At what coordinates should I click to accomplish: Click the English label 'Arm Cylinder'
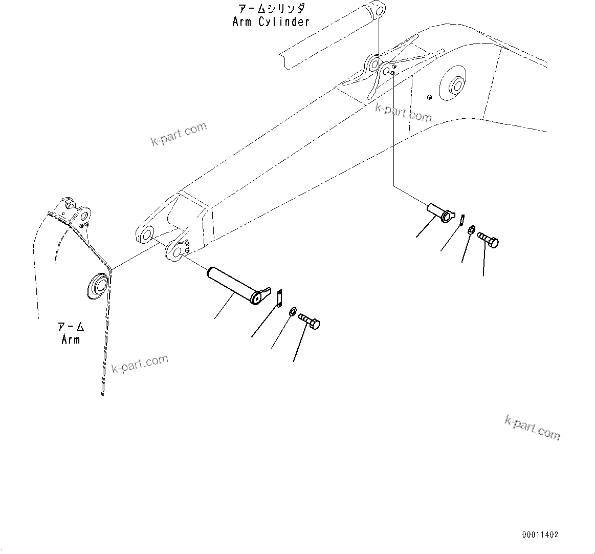(271, 22)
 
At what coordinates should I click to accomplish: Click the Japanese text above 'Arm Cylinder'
(271, 9)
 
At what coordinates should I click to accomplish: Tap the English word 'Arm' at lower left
(71, 339)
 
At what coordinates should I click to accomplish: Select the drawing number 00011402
(540, 535)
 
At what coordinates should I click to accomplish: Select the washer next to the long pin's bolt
(293, 311)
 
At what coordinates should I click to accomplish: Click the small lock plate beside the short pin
(461, 219)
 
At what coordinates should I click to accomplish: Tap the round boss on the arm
(97, 285)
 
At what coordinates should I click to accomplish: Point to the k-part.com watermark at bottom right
(532, 427)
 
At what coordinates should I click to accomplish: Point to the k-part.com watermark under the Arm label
(140, 364)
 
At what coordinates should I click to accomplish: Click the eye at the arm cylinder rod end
(378, 10)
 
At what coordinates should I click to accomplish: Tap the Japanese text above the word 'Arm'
(71, 326)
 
